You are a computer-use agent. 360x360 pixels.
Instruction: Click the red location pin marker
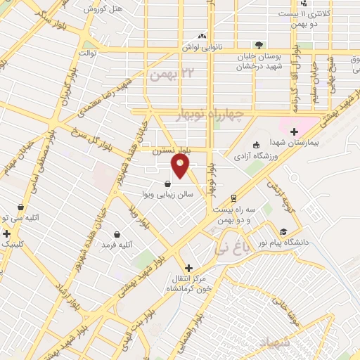[181, 165]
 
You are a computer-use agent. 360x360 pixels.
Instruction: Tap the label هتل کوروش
[103, 9]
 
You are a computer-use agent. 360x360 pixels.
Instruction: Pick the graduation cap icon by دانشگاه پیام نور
[283, 231]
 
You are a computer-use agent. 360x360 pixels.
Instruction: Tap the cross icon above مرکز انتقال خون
[188, 268]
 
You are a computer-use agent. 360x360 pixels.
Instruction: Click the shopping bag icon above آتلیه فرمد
[117, 234]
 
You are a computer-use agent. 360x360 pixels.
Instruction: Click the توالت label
[87, 53]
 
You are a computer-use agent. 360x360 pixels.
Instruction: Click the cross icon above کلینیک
[7, 233]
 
